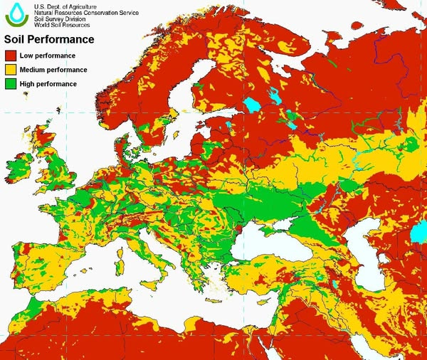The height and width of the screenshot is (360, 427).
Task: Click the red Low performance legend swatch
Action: (x=12, y=55)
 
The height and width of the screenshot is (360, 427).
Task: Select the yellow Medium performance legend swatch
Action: (x=12, y=70)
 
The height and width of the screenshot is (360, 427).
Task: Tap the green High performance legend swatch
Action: (x=12, y=85)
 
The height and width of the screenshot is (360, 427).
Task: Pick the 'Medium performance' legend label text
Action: (x=54, y=70)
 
